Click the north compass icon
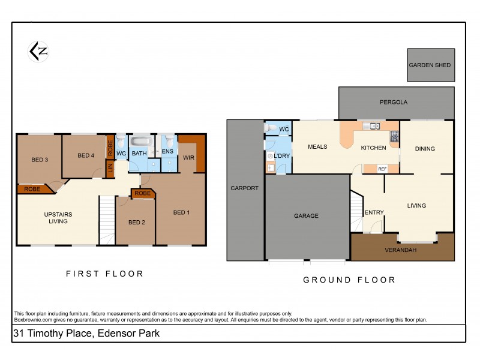coord(38,52)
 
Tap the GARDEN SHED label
coord(430,65)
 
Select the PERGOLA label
coord(394,102)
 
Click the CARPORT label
coord(245,188)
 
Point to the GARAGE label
coord(306,216)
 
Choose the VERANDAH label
coord(401,250)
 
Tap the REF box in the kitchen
coord(382,169)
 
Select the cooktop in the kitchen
coord(394,137)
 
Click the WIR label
coord(189,157)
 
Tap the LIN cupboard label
coord(110,169)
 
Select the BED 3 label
coord(40,160)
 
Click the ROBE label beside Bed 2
coord(142,193)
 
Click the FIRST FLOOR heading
coord(105,274)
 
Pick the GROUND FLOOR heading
coord(349,280)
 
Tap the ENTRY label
coord(374,212)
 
